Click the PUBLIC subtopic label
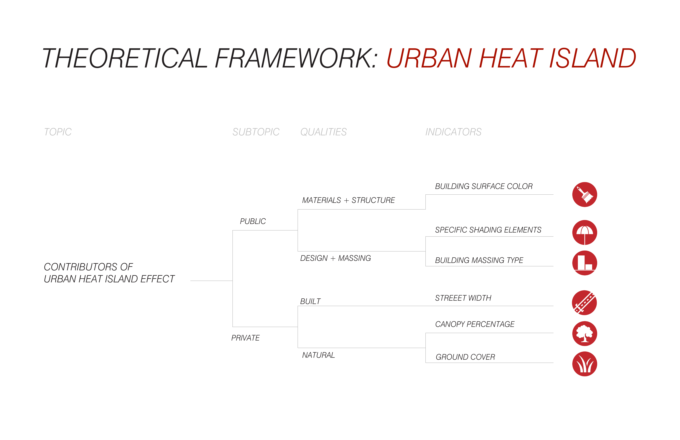point(253,221)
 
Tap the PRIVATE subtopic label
point(245,338)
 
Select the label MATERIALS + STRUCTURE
point(349,200)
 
